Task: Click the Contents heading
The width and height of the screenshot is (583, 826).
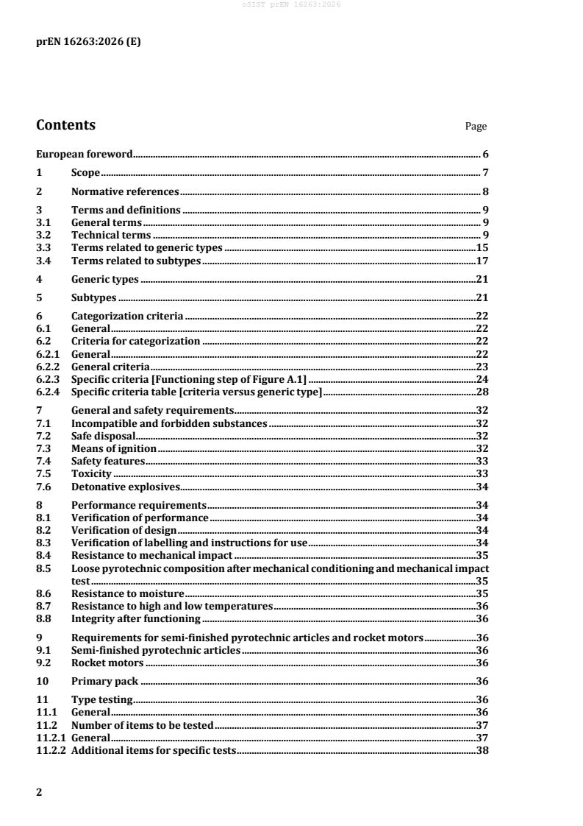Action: point(65,125)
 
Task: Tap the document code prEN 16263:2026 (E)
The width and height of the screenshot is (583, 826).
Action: point(88,42)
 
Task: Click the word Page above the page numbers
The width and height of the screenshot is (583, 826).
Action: point(476,127)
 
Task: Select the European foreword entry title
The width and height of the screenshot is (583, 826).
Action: point(85,155)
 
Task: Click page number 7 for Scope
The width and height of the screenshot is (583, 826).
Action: point(486,173)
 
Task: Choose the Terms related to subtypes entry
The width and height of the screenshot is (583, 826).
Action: point(136,261)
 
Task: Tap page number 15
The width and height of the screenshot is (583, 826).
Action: point(483,248)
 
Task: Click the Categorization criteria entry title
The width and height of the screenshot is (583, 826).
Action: point(126,316)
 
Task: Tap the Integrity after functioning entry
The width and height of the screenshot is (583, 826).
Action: point(135,618)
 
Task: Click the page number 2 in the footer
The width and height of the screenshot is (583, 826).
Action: point(39,792)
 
